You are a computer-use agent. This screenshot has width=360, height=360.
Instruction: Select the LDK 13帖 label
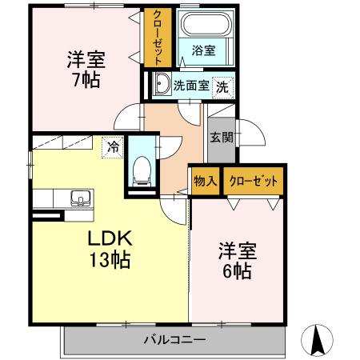109,248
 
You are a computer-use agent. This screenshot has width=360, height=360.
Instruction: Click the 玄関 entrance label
222,137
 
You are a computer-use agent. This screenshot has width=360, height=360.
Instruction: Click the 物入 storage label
205,182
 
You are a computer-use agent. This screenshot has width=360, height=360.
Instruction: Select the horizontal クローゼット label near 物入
254,182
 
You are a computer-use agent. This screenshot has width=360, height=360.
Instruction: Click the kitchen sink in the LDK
79,198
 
